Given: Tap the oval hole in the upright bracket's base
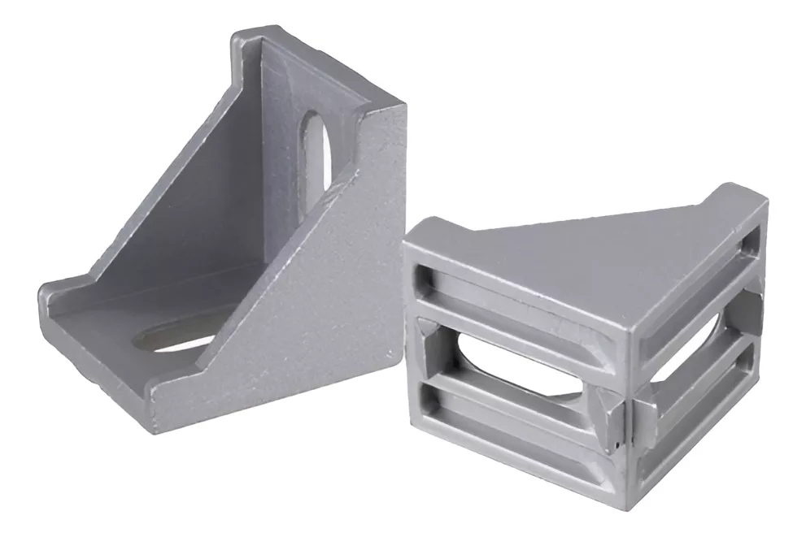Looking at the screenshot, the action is (181, 336).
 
